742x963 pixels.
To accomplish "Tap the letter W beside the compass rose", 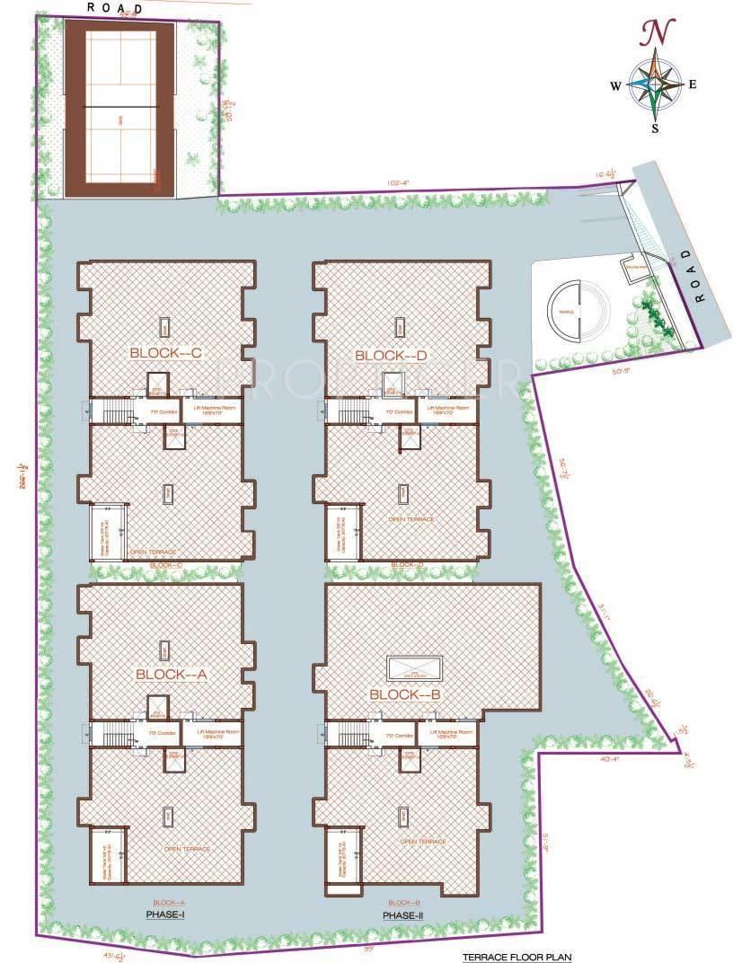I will pyautogui.click(x=616, y=86).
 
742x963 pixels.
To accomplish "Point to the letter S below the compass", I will pyautogui.click(x=655, y=128).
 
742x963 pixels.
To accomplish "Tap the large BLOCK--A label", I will pyautogui.click(x=172, y=674).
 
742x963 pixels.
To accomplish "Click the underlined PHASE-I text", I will pyautogui.click(x=165, y=914).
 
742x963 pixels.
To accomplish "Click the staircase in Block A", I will pyautogui.click(x=112, y=733).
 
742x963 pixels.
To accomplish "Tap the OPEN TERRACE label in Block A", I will pyautogui.click(x=186, y=848).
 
